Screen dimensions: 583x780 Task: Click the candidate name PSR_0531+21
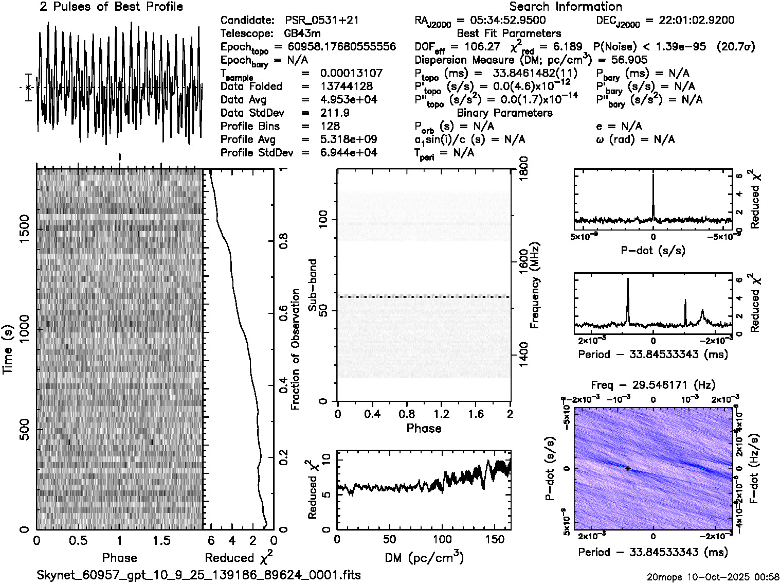point(322,20)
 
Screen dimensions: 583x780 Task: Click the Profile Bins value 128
point(330,126)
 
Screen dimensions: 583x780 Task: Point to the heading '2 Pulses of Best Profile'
point(111,7)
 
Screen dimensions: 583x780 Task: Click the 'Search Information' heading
point(565,7)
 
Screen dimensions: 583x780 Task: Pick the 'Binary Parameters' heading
point(504,113)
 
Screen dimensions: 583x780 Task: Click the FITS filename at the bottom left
point(198,575)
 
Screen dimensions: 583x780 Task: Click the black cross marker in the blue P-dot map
point(628,468)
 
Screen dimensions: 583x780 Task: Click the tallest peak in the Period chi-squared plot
point(628,280)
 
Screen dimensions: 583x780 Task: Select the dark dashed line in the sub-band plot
point(424,297)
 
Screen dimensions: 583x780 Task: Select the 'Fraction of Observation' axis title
point(295,349)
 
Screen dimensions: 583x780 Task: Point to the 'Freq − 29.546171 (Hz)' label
point(653,385)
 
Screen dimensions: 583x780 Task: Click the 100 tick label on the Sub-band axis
point(324,220)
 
